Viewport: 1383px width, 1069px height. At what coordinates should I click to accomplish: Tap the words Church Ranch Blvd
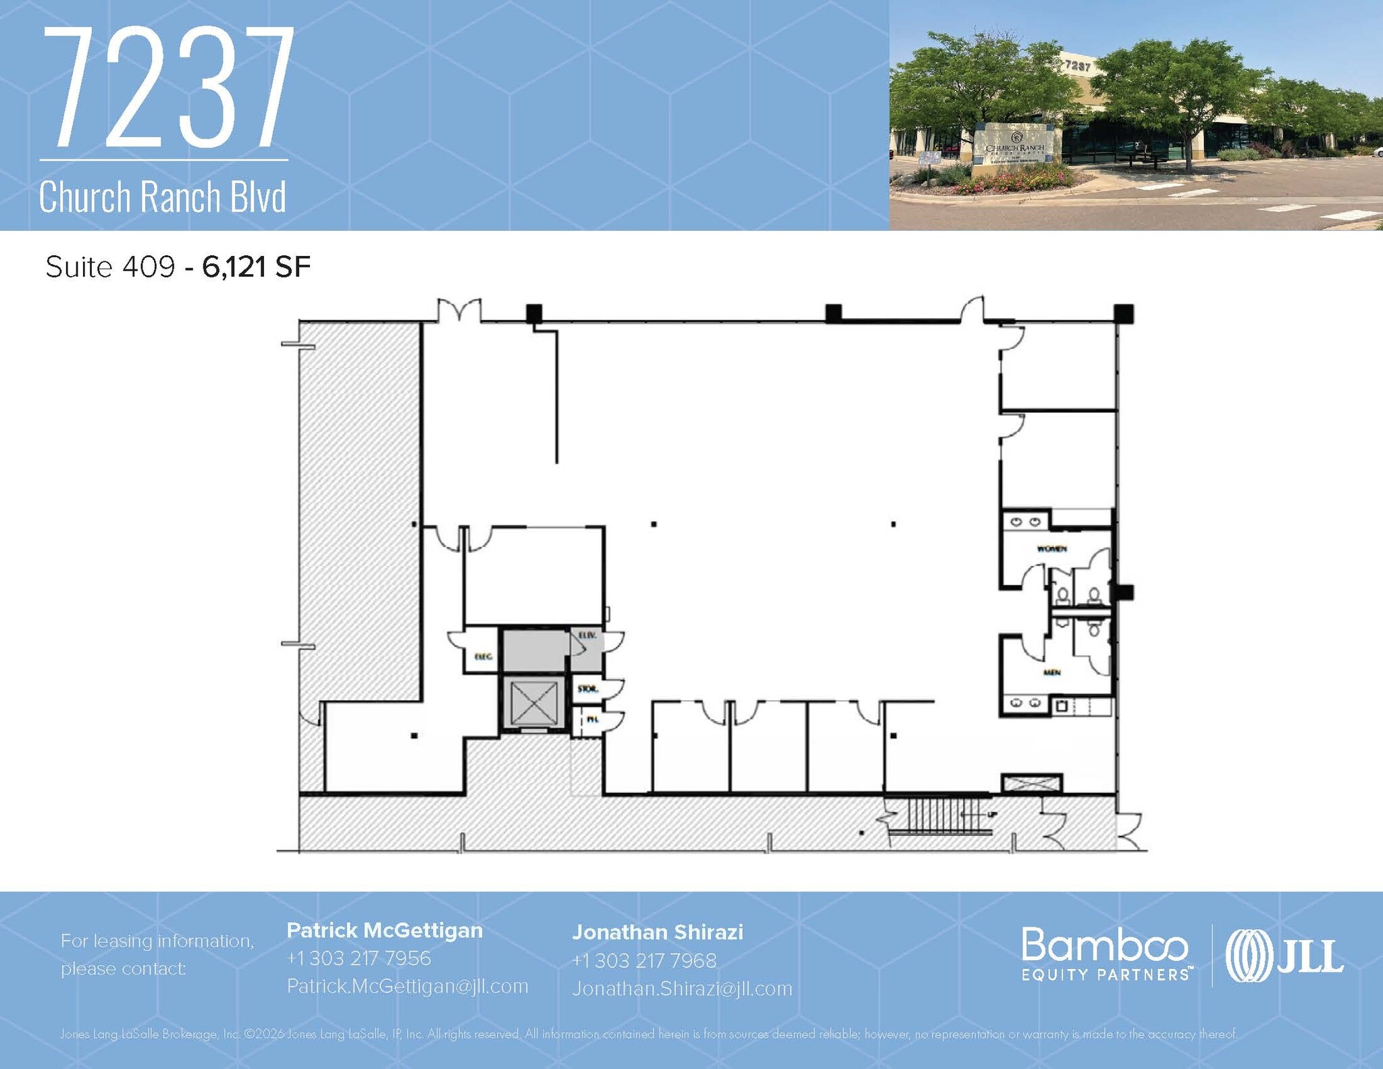pos(163,197)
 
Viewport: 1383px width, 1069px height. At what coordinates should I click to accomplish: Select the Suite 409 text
pos(110,267)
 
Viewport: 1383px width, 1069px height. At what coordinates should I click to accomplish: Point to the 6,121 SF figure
pos(257,267)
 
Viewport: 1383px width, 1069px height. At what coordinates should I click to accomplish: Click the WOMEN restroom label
pos(1051,549)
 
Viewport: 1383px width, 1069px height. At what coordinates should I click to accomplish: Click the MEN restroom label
pos(1051,673)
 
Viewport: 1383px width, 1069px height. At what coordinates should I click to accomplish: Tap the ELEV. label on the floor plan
pos(585,635)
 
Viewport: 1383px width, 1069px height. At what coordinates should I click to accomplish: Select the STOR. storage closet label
pos(587,689)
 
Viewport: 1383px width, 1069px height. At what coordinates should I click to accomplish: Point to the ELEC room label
pos(483,656)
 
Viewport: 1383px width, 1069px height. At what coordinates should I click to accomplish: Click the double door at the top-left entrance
pos(460,310)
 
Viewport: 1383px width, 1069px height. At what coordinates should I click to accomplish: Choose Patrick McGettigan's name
pos(385,931)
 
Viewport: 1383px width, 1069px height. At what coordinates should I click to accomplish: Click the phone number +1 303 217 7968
pos(644,960)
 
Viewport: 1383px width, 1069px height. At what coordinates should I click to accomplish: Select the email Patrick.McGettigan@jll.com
pos(407,986)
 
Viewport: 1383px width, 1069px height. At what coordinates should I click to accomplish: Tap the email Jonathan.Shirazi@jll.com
pos(682,989)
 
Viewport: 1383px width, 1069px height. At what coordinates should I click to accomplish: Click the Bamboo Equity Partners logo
pos(1105,954)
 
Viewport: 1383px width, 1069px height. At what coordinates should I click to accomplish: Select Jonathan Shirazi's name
pos(657,933)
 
